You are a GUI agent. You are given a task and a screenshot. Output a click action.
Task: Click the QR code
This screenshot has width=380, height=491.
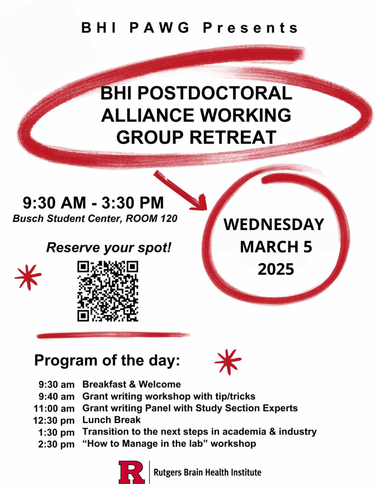[x=108, y=291]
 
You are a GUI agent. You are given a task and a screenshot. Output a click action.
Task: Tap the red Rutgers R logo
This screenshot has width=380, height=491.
[x=132, y=472]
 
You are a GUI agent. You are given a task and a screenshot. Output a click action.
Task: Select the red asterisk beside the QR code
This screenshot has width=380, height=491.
[x=28, y=278]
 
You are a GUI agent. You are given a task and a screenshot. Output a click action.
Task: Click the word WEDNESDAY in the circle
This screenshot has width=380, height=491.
[x=274, y=224]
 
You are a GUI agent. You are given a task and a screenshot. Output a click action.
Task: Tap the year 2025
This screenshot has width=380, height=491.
[x=276, y=269]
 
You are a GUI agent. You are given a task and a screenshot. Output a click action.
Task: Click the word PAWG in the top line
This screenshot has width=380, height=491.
[x=159, y=28]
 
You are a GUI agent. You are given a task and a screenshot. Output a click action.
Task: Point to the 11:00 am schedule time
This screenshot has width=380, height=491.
[x=54, y=408]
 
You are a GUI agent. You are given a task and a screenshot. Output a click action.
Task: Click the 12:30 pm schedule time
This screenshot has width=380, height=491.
[x=54, y=420]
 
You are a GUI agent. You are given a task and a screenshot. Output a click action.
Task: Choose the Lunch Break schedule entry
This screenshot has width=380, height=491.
[x=111, y=420]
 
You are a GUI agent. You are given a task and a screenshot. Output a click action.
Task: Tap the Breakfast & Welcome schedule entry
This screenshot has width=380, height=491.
[x=131, y=384]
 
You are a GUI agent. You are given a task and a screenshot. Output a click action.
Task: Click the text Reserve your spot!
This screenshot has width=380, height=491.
[x=109, y=248]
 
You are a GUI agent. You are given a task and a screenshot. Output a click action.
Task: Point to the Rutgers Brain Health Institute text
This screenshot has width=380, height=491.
[x=207, y=472]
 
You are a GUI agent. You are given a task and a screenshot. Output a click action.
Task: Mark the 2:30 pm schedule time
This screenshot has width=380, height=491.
[x=56, y=444]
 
